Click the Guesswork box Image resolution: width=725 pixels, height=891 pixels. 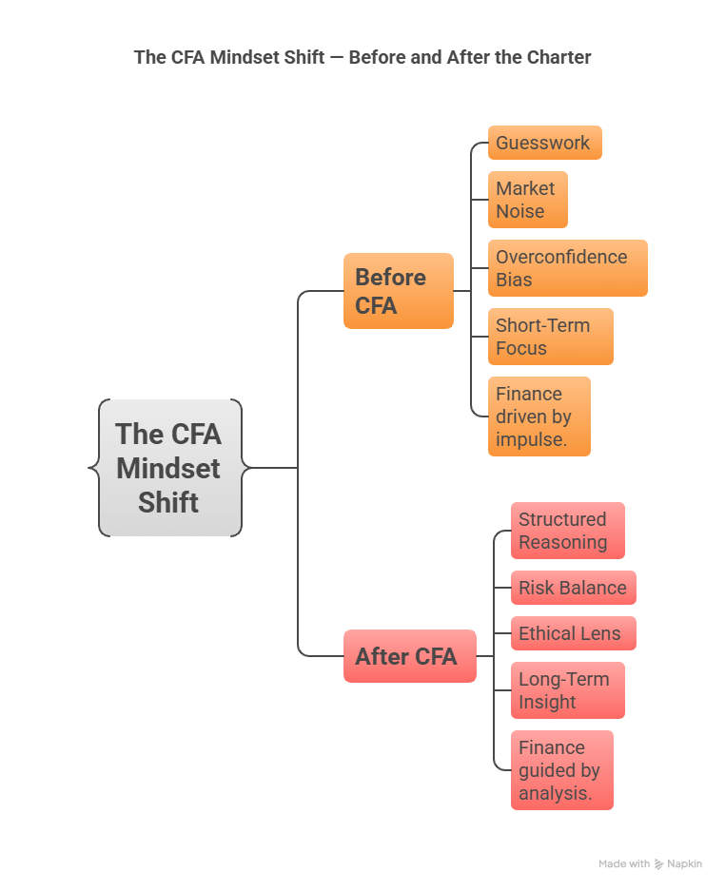[544, 144]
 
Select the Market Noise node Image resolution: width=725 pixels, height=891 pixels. [527, 200]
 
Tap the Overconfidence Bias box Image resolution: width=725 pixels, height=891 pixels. [567, 268]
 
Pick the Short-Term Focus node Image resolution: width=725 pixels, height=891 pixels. [550, 337]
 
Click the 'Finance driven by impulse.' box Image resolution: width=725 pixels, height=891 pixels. [539, 416]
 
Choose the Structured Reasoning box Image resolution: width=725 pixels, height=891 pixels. [567, 531]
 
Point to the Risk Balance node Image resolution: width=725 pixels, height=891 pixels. [573, 588]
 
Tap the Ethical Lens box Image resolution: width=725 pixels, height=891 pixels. [573, 633]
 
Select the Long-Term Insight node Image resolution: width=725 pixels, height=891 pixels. [567, 690]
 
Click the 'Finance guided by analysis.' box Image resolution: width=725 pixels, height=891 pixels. [561, 770]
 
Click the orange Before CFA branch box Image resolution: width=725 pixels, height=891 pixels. [398, 291]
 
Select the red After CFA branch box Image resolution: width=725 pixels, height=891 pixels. [409, 656]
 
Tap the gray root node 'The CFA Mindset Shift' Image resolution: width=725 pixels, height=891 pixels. [169, 468]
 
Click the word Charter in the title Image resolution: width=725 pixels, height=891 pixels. [558, 57]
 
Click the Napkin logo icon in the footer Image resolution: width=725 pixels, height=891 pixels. [659, 864]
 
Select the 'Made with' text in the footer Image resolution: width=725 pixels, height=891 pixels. [624, 864]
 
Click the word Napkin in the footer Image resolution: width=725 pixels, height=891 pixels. [685, 864]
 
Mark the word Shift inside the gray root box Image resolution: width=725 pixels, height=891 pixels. [168, 502]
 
